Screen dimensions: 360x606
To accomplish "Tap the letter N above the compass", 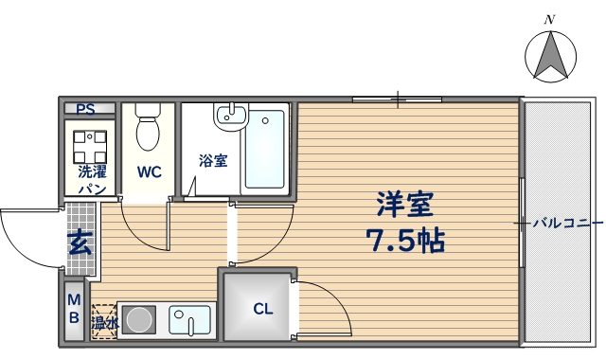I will click(549, 19).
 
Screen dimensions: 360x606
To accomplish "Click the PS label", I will click(86, 109).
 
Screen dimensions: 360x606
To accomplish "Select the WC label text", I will click(149, 172).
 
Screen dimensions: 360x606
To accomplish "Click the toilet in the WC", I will click(149, 132).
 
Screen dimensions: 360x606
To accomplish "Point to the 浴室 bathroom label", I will click(213, 160).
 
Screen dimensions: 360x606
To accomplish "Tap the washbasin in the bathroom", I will click(231, 117).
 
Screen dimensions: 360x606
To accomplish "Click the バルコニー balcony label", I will click(566, 224).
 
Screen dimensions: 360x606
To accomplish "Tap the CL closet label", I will click(262, 308).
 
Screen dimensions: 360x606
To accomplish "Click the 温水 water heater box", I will click(104, 322).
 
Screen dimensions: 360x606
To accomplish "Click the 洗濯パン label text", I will click(92, 180).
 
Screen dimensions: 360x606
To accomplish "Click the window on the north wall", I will click(397, 99).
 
